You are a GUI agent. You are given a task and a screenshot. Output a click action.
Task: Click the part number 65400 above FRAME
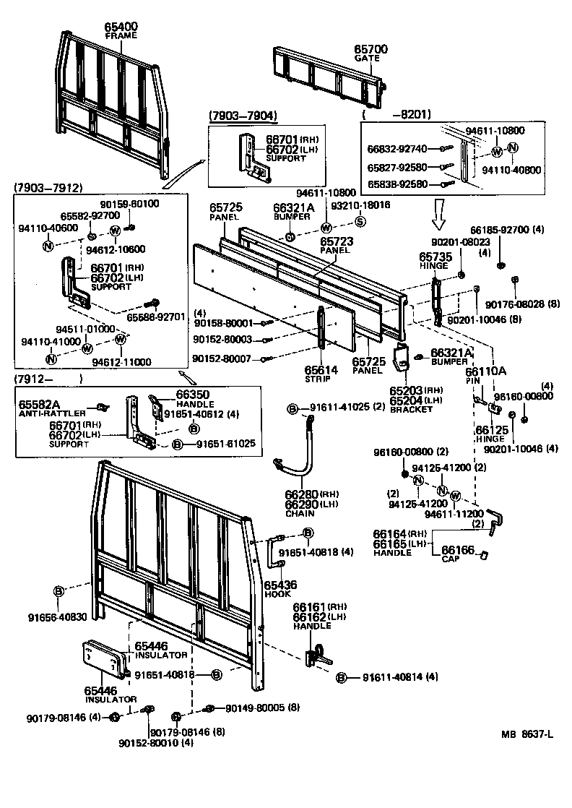(121, 27)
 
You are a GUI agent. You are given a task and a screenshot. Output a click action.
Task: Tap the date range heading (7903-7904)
(242, 116)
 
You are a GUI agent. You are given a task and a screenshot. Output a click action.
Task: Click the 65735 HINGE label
(435, 259)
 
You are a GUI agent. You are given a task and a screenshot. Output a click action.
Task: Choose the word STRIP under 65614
(321, 378)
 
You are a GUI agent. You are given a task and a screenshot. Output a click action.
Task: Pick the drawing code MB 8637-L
(527, 735)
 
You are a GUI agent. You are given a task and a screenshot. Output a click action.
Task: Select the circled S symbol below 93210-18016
(360, 221)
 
